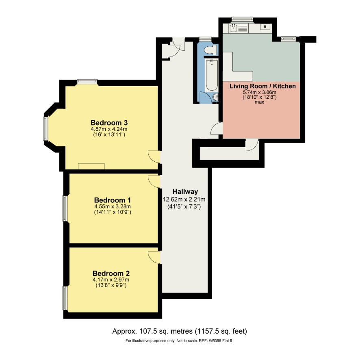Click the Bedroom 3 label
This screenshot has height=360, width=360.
click(x=109, y=123)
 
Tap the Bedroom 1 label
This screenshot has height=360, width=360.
click(x=113, y=200)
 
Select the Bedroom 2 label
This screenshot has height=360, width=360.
click(x=111, y=273)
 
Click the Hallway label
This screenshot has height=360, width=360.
click(x=185, y=191)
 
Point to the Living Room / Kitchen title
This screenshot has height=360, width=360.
click(x=262, y=86)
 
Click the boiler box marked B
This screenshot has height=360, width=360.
click(x=265, y=27)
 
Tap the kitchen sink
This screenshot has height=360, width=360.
click(x=234, y=28)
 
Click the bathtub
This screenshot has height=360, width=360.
click(x=211, y=75)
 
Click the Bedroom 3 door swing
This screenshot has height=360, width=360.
click(x=154, y=156)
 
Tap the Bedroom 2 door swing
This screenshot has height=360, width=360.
click(x=154, y=257)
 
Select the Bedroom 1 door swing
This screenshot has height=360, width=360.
click(x=154, y=182)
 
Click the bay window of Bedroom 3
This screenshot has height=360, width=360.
click(x=46, y=128)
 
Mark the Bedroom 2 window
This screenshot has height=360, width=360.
click(x=65, y=298)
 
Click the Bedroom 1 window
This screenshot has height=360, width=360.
click(x=65, y=208)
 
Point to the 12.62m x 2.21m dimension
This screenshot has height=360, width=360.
click(x=184, y=199)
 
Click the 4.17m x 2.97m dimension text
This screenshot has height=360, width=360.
click(x=111, y=280)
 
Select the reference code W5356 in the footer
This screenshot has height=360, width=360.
click(x=215, y=341)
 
